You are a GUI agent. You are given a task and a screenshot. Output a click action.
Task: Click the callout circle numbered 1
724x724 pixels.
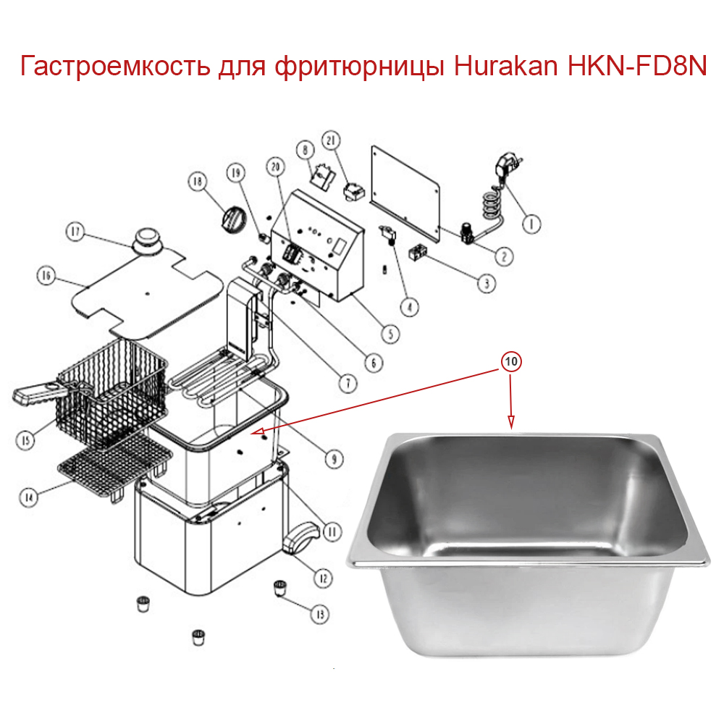531,224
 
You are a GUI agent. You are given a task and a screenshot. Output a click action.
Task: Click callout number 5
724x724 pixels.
390,334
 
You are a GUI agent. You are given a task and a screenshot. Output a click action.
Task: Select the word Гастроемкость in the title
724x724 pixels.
116,68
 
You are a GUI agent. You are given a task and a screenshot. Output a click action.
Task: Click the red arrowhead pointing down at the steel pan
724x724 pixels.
512,423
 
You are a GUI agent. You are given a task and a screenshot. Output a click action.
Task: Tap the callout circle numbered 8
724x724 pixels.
304,150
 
